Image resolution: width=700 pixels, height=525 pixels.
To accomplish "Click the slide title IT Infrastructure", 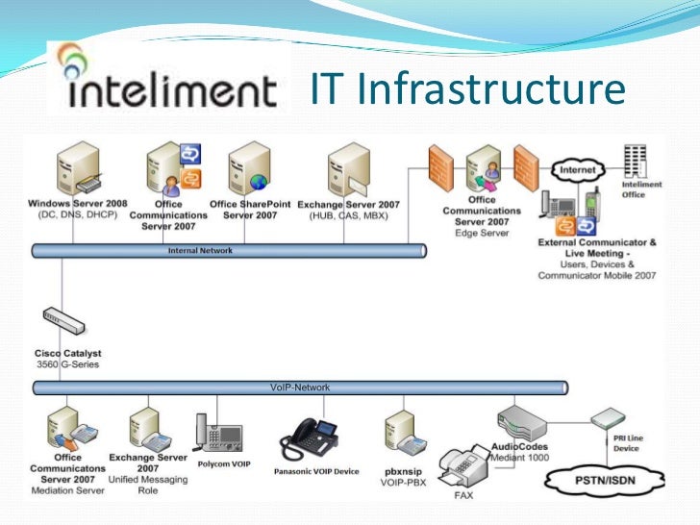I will coord(468,90).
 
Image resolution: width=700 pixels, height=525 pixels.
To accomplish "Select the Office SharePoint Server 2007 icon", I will coord(249,167).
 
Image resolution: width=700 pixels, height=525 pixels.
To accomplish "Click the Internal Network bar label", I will coord(201,250).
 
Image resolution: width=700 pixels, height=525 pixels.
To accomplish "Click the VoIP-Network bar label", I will coord(299,387).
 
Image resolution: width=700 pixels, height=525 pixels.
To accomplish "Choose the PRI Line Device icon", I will coord(608,422).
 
